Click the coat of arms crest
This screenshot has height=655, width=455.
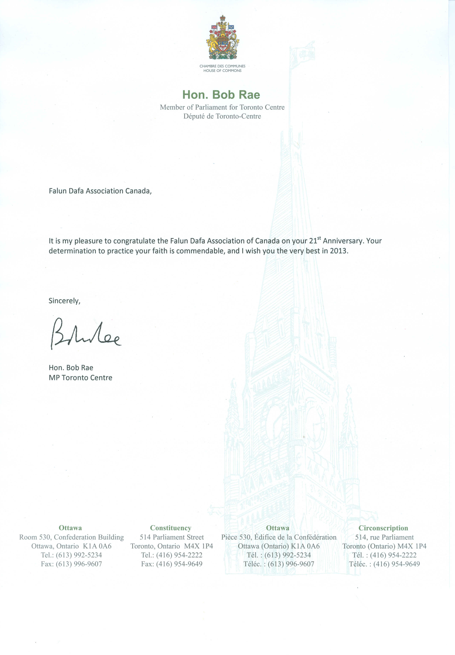click(222, 38)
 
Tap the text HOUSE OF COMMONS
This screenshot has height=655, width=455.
click(222, 71)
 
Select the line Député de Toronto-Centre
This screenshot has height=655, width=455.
click(222, 116)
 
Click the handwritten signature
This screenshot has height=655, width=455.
click(85, 333)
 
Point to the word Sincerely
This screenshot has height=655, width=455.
click(64, 301)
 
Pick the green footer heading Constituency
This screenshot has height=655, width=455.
click(171, 528)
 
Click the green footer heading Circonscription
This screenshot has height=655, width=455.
click(383, 528)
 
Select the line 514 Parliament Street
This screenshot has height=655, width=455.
click(172, 537)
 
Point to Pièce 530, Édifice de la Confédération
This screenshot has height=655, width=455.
click(279, 537)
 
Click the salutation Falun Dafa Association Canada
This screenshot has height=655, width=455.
click(100, 191)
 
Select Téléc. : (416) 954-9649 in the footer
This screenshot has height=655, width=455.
click(384, 564)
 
